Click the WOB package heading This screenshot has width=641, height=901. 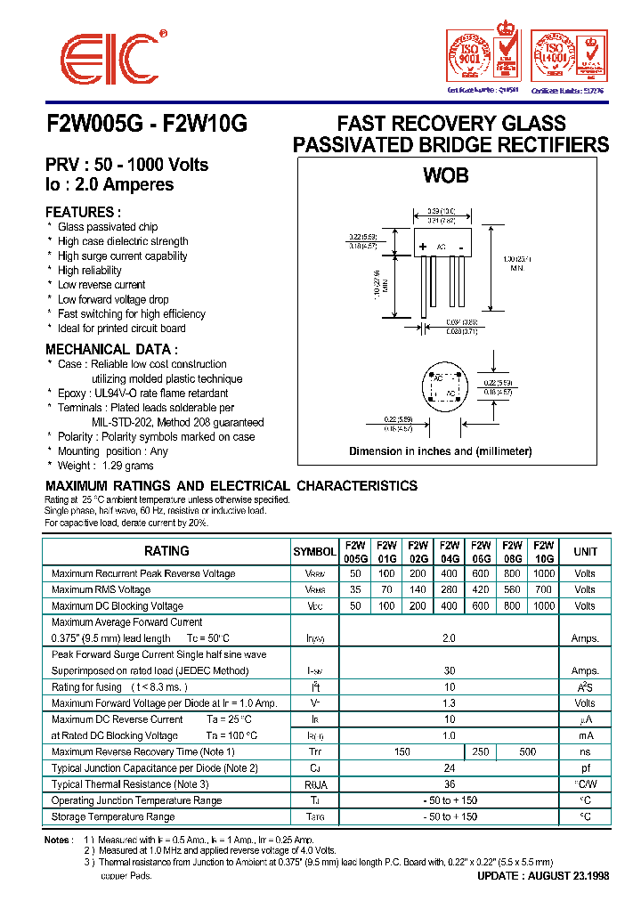(446, 175)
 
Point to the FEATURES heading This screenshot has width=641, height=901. (84, 212)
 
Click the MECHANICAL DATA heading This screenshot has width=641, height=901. (111, 349)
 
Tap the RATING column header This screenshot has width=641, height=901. (166, 551)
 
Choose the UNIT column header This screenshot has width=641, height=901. (585, 551)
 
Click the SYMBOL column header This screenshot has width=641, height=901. (314, 552)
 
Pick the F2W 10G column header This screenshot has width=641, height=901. (543, 551)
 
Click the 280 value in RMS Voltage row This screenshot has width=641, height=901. (450, 589)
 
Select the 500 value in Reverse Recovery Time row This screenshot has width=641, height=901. (528, 752)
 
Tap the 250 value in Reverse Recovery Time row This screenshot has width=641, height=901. (481, 752)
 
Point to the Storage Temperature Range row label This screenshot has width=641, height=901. (113, 816)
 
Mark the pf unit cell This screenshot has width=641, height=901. (585, 768)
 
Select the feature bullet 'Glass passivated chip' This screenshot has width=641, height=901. (108, 227)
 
